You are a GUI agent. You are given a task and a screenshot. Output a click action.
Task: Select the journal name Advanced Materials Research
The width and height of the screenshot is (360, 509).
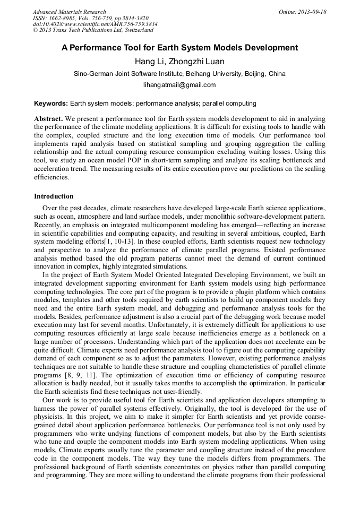69,12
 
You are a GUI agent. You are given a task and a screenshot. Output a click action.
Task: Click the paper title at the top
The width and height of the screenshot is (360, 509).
179,48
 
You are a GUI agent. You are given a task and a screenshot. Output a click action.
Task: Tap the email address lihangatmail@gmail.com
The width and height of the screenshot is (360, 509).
179,85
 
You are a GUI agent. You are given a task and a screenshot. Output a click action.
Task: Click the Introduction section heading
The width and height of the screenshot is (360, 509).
54,196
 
